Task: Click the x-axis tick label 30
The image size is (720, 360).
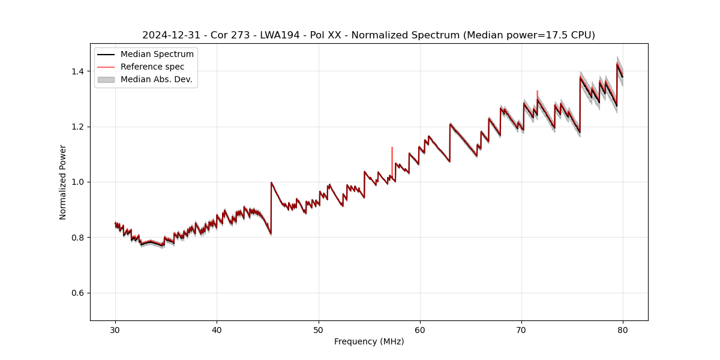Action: pyautogui.click(x=115, y=329)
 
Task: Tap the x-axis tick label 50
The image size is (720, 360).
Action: pyautogui.click(x=319, y=329)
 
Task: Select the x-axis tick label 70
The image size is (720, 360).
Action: pyautogui.click(x=521, y=329)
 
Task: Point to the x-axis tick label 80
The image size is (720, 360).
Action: pyautogui.click(x=623, y=329)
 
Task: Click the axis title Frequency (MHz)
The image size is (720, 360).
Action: pyautogui.click(x=369, y=341)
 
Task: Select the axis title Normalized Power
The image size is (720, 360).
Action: pyautogui.click(x=63, y=182)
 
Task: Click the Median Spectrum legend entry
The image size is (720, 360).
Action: pyautogui.click(x=157, y=55)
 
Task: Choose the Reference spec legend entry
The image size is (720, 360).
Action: pyautogui.click(x=152, y=67)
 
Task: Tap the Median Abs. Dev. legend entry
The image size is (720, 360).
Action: pyautogui.click(x=156, y=79)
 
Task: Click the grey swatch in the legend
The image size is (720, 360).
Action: pyautogui.click(x=106, y=79)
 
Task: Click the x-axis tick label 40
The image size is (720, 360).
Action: pyautogui.click(x=217, y=329)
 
